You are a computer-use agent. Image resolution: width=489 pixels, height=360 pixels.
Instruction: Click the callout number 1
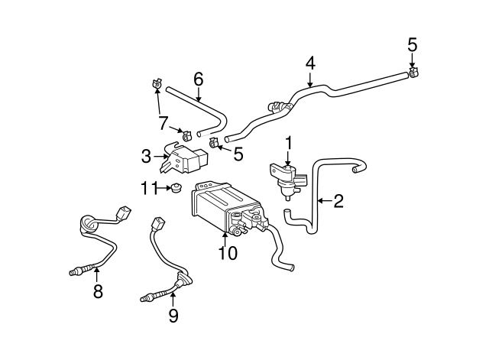click(289, 142)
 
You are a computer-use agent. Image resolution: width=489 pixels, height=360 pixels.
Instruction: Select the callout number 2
click(338, 201)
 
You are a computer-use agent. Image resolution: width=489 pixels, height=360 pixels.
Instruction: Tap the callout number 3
click(146, 157)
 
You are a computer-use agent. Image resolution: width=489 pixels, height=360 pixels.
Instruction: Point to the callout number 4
click(310, 63)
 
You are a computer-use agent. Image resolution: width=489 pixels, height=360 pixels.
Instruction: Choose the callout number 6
click(198, 79)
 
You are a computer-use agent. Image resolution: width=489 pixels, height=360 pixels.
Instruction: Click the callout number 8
click(98, 291)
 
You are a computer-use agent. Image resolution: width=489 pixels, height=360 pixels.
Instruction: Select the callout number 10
click(228, 252)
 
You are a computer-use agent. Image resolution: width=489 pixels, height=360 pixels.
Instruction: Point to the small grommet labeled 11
click(175, 190)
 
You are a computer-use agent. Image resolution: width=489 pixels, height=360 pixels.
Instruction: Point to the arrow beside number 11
click(162, 188)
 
